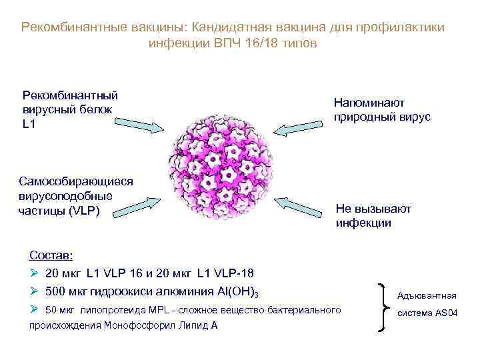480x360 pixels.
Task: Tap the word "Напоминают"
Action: tap(369, 103)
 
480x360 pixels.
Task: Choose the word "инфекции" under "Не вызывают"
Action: tap(363, 223)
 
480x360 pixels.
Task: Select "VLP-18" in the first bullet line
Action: tap(233, 273)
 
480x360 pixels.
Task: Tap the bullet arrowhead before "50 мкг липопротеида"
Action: tap(35, 310)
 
